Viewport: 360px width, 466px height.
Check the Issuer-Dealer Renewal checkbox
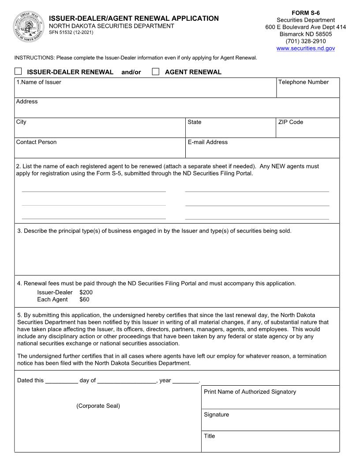pyautogui.click(x=18, y=71)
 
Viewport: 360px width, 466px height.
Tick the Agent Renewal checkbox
pyautogui.click(x=155, y=71)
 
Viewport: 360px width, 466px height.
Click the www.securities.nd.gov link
pyautogui.click(x=305, y=48)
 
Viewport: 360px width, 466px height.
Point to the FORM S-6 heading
pyautogui.click(x=305, y=13)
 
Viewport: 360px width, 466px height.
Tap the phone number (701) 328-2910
pyautogui.click(x=305, y=41)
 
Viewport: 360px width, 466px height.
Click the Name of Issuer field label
pyautogui.click(x=39, y=82)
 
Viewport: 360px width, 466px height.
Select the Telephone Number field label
pyautogui.click(x=303, y=82)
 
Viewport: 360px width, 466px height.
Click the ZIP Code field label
pyautogui.click(x=290, y=122)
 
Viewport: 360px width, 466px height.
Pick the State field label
pyautogui.click(x=194, y=122)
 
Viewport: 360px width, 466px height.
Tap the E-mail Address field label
pyautogui.click(x=207, y=142)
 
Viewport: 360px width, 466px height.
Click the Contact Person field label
pyautogui.click(x=36, y=142)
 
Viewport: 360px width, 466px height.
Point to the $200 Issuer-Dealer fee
pyautogui.click(x=86, y=292)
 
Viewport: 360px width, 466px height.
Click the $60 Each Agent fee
pyautogui.click(x=84, y=299)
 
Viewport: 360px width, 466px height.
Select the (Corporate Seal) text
pyautogui.click(x=98, y=406)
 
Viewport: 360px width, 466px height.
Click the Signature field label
pyautogui.click(x=216, y=415)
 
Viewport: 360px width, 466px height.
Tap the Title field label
pyautogui.click(x=209, y=436)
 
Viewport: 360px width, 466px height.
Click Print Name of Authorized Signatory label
pyautogui.click(x=250, y=392)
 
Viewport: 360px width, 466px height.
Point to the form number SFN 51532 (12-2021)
pyautogui.click(x=71, y=33)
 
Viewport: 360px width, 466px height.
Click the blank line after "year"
pyautogui.click(x=185, y=381)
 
